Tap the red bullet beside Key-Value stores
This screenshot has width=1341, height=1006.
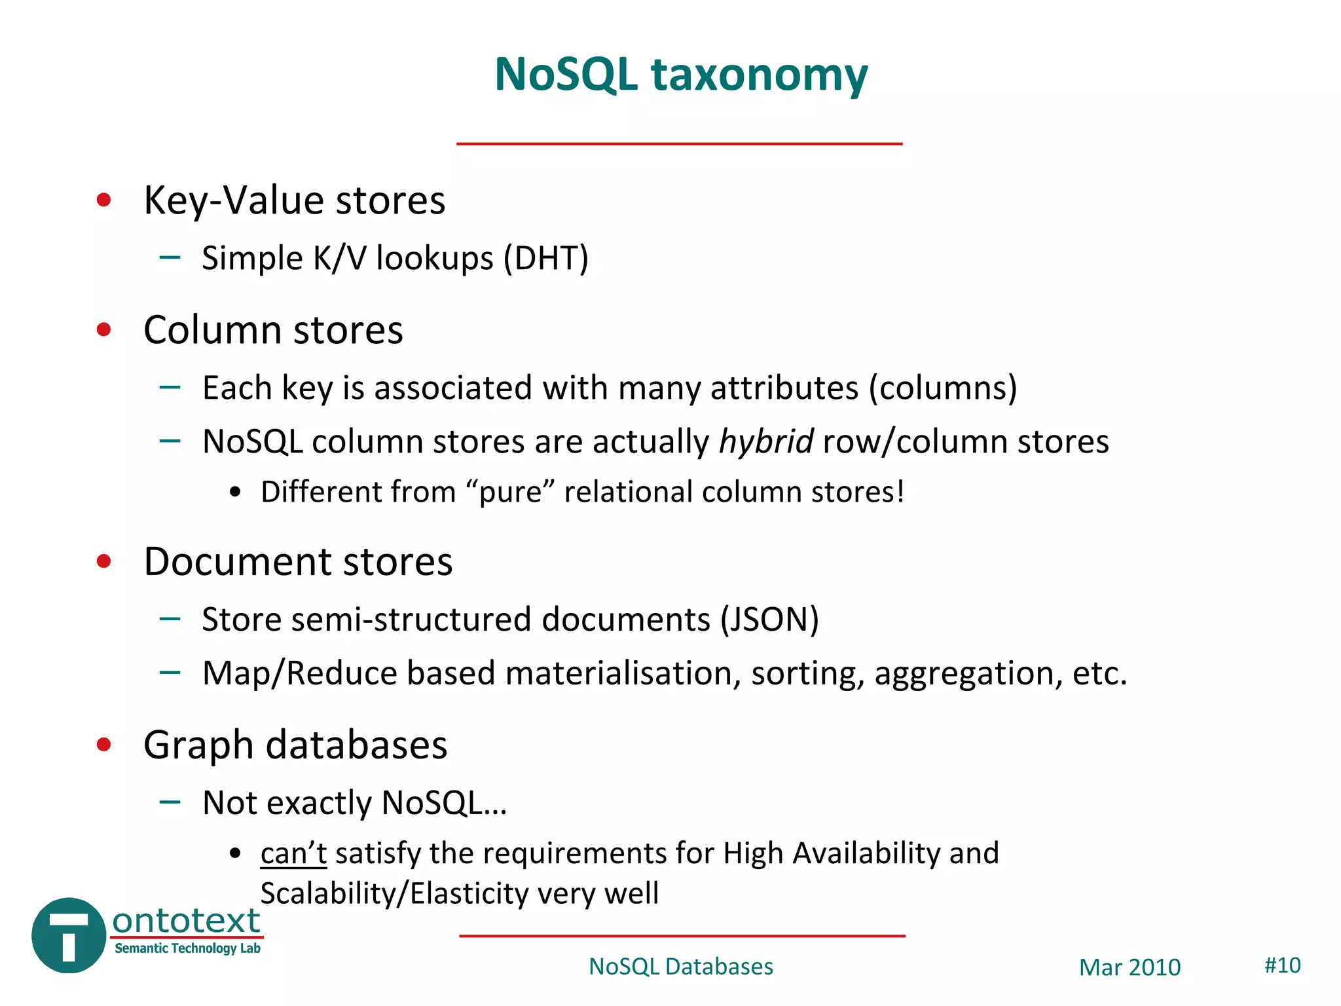[103, 200]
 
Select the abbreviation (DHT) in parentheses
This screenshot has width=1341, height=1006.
[545, 258]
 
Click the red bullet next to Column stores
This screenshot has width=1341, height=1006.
[103, 329]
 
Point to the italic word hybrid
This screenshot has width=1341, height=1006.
[766, 441]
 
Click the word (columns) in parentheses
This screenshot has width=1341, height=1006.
[942, 388]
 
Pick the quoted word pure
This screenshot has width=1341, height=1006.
[511, 493]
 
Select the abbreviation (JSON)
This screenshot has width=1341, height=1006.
[769, 620]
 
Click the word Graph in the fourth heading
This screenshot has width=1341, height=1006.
[198, 746]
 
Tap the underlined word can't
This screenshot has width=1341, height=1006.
[293, 853]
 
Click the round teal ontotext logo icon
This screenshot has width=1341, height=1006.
[69, 935]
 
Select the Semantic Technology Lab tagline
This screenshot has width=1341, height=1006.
[187, 948]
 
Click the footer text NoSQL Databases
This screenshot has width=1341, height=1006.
[680, 967]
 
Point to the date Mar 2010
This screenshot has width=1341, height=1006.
[1130, 967]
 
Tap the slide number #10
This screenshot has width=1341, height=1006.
[1282, 965]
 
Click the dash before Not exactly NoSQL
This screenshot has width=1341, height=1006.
[170, 802]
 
